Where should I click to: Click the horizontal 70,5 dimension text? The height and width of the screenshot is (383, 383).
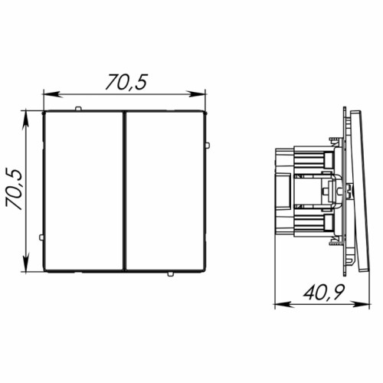pyautogui.click(x=126, y=82)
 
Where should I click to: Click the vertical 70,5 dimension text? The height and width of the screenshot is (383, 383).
pyautogui.click(x=14, y=189)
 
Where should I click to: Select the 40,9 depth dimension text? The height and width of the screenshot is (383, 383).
pyautogui.click(x=324, y=292)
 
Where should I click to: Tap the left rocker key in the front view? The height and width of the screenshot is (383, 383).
pyautogui.click(x=83, y=191)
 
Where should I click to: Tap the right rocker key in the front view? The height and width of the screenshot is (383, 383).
pyautogui.click(x=165, y=191)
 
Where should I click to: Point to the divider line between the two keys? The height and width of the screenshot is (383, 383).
pyautogui.click(x=125, y=191)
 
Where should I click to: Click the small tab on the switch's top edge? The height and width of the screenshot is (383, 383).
pyautogui.click(x=78, y=109)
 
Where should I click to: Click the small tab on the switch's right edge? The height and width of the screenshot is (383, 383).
pyautogui.click(x=208, y=146)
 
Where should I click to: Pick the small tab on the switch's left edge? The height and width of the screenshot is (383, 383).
pyautogui.click(x=41, y=237)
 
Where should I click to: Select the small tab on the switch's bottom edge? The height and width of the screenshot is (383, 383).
pyautogui.click(x=170, y=274)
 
